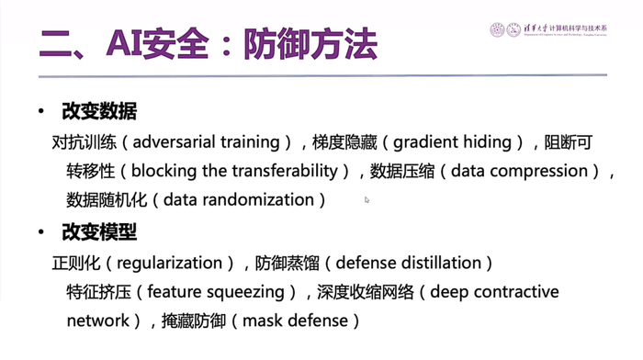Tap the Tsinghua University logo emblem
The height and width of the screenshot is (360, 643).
tap(498, 29)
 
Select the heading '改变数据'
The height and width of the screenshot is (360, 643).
tap(99, 112)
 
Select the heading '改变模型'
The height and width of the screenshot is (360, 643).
tap(99, 231)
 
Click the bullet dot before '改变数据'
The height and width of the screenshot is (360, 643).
tap(40, 112)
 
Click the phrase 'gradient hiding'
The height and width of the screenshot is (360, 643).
tap(453, 141)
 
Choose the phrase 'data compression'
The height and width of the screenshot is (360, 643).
tap(519, 171)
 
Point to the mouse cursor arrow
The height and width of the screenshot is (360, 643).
tap(367, 199)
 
